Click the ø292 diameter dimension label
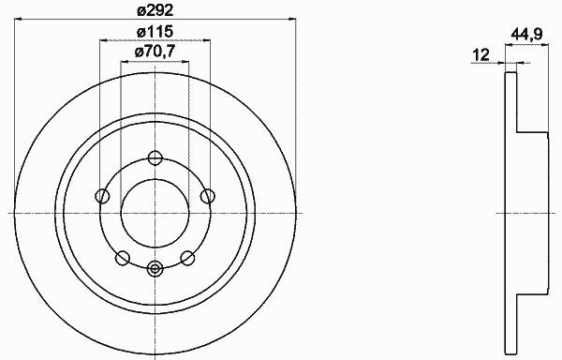pyautogui.click(x=155, y=10)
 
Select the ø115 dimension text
pyautogui.click(x=155, y=32)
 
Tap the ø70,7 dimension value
pyautogui.click(x=155, y=52)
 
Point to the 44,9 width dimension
pyautogui.click(x=526, y=35)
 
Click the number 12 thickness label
pyautogui.click(x=481, y=55)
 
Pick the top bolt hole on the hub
pyautogui.click(x=155, y=157)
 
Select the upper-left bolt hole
pyautogui.click(x=102, y=196)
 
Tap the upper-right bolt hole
pyautogui.click(x=208, y=196)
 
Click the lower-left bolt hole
pyautogui.click(x=122, y=258)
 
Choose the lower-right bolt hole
pyautogui.click(x=187, y=258)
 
